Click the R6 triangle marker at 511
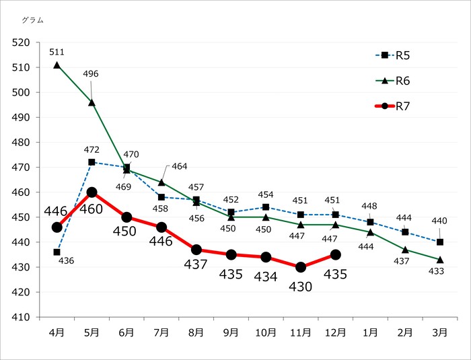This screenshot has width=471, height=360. coord(57,65)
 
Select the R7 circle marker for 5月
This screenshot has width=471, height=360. coord(92,192)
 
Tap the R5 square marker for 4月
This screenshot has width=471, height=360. coord(57,252)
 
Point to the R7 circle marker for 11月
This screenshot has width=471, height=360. coord(301,267)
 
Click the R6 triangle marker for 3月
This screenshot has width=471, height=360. coord(440,260)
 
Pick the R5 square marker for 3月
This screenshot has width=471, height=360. coord(440,242)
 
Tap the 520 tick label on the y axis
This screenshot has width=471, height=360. coord(22,42)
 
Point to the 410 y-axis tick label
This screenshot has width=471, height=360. coord(22,317)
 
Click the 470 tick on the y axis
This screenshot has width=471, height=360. coord(22,168)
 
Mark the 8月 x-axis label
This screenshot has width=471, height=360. coord(196,332)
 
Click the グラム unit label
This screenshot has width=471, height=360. coord(32,20)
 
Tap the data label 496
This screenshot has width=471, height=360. coord(91,74)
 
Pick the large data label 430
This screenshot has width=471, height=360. coord(301,287)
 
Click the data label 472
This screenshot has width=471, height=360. coord(92,149)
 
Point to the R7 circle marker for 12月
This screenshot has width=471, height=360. coord(336,255)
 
